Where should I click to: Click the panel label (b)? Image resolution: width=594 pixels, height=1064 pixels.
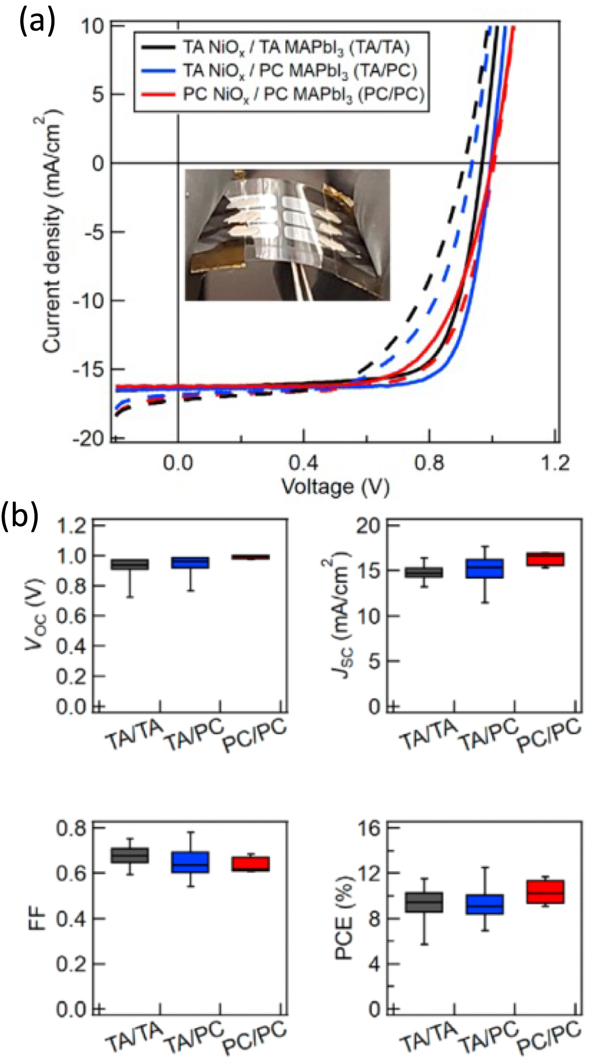(20, 515)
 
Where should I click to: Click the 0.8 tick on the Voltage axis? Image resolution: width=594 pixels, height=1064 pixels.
(429, 463)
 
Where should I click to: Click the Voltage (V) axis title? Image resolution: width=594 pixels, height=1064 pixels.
(335, 487)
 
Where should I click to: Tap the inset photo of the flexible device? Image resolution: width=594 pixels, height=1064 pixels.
(287, 235)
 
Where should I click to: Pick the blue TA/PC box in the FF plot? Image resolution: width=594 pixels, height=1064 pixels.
(191, 862)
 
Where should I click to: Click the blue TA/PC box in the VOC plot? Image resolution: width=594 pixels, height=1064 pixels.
(191, 562)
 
